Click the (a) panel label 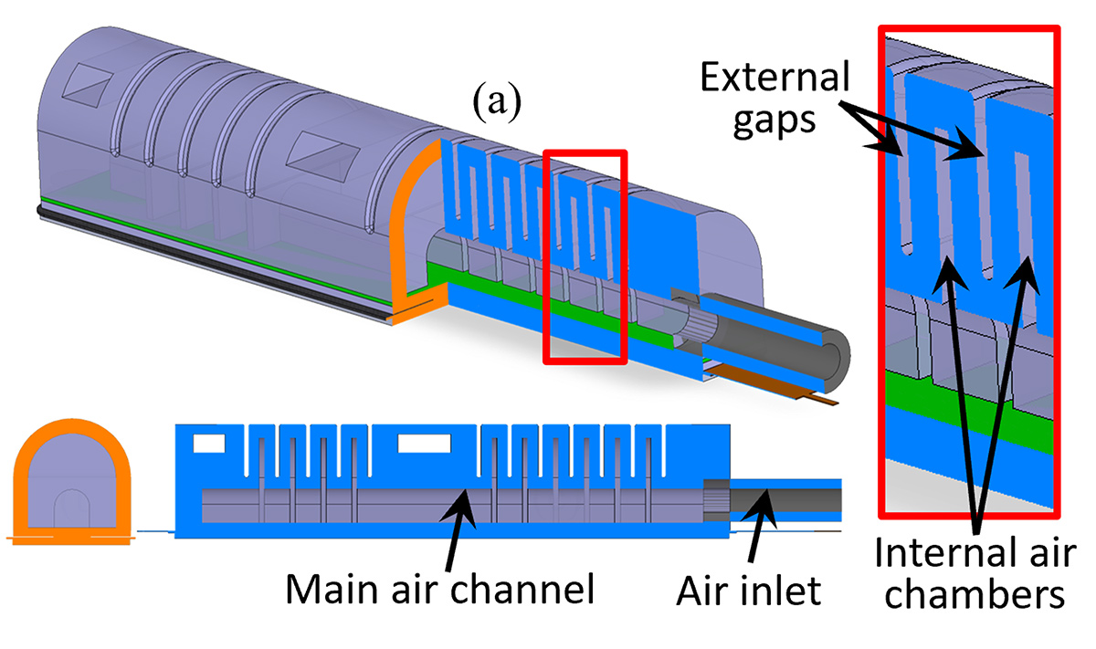tap(497, 100)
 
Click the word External tap(775, 77)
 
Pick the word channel tap(522, 589)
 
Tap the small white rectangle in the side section tap(209, 444)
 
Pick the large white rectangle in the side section tap(424, 444)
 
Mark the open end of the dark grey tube tap(832, 361)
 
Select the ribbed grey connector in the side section tap(716, 501)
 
